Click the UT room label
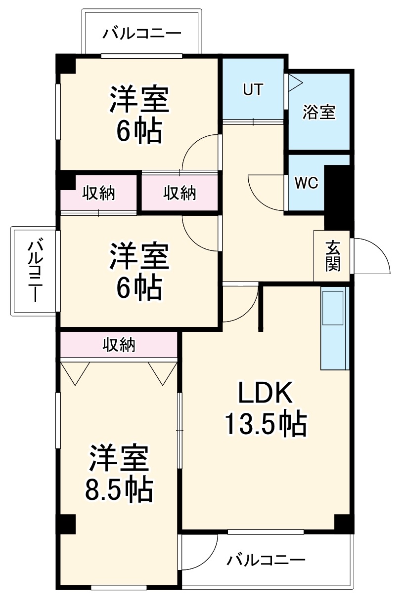tap(253, 89)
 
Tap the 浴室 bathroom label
tap(319, 112)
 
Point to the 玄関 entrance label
tap(332, 256)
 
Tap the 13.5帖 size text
tap(266, 423)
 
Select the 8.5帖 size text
tap(119, 489)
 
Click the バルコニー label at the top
tap(142, 34)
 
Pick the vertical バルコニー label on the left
tap(35, 271)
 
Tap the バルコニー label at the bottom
tap(267, 560)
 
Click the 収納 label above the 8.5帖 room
tap(119, 345)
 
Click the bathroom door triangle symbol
tap(294, 82)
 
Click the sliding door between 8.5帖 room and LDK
tap(179, 430)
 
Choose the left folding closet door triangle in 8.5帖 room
tap(75, 372)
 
